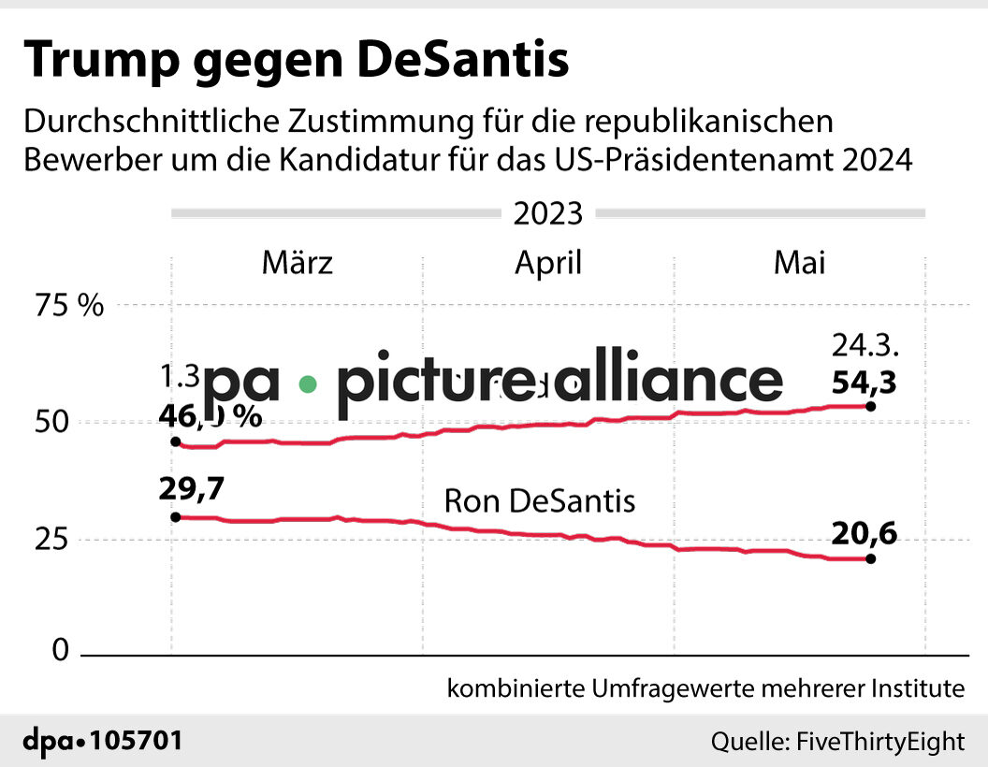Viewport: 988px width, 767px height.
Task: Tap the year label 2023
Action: (x=547, y=214)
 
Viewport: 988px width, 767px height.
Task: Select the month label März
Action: (x=297, y=263)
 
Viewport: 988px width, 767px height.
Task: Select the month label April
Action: (x=547, y=263)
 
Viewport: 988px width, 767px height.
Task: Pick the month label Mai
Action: (x=799, y=263)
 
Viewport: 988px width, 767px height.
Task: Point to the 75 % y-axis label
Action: (x=68, y=306)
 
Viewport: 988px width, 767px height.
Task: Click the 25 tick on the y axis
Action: (x=52, y=540)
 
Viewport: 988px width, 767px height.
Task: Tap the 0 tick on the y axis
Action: (x=61, y=651)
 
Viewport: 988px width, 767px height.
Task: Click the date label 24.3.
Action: (x=865, y=346)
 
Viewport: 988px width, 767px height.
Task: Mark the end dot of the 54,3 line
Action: (x=871, y=406)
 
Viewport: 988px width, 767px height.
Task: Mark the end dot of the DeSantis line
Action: (x=871, y=559)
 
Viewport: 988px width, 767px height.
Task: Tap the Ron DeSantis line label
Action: (x=539, y=501)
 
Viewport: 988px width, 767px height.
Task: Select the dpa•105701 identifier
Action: (x=102, y=742)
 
